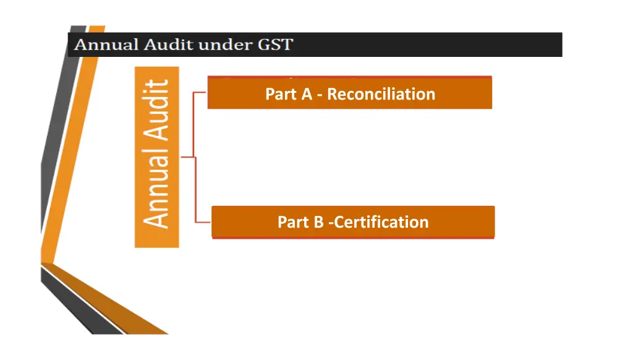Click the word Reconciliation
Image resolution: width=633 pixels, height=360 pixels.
(x=381, y=94)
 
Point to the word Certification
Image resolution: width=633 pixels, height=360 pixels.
(x=381, y=222)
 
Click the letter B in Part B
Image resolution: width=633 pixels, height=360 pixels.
(x=319, y=222)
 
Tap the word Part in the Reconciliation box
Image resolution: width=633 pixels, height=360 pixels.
(x=281, y=94)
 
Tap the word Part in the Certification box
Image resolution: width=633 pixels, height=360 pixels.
(x=294, y=222)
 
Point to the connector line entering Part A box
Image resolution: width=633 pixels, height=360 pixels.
(x=200, y=93)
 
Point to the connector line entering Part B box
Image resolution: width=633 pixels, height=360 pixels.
(x=203, y=221)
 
